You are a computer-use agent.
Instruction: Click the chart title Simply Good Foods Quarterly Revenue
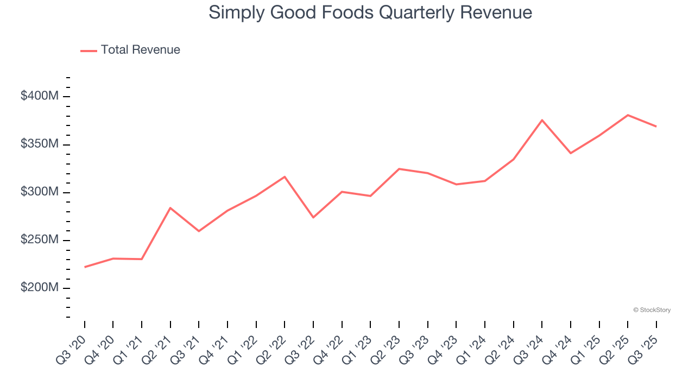370,12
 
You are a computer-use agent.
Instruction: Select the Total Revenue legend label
140,50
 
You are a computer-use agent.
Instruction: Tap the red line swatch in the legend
89,51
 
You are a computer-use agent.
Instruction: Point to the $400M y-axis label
39,96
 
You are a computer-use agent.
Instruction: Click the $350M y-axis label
39,144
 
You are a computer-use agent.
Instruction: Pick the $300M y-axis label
39,192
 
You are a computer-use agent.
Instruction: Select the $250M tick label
39,240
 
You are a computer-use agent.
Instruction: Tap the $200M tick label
39,288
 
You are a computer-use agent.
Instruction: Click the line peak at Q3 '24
542,120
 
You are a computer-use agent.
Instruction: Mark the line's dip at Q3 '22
313,217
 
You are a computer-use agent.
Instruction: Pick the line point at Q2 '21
170,208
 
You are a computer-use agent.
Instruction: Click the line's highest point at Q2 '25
628,115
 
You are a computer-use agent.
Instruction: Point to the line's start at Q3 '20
85,267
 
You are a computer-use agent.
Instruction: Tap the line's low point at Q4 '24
571,153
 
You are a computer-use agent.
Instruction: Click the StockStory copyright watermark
652,310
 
